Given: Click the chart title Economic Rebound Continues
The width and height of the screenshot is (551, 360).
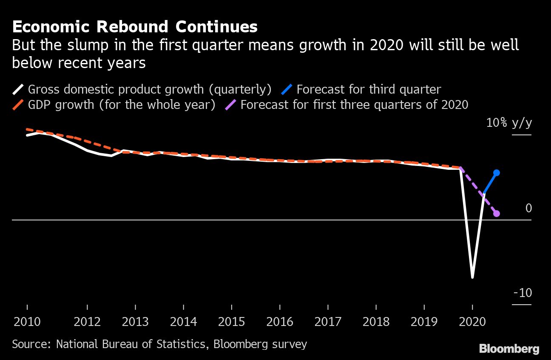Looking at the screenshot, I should click(x=134, y=27).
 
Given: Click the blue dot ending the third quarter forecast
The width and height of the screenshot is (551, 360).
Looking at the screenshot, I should click(x=496, y=173).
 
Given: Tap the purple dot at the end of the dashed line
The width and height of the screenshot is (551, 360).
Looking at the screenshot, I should click(x=496, y=214).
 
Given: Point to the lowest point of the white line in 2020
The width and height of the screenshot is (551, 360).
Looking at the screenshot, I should click(x=472, y=277).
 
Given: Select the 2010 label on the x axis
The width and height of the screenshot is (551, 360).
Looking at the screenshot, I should click(x=27, y=321).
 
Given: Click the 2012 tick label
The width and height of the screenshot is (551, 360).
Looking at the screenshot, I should click(x=87, y=321).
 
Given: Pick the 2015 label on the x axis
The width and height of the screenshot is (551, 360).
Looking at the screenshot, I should click(x=231, y=321).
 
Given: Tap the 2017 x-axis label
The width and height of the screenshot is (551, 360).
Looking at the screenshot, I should click(x=328, y=321).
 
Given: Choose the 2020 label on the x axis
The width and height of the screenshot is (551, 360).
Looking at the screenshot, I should click(x=472, y=321).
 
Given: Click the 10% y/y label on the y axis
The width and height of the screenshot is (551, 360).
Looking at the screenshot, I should click(x=509, y=123).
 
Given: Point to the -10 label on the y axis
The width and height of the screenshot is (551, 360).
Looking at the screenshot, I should click(x=523, y=293).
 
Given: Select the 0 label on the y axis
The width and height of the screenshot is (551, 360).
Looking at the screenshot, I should click(x=528, y=208).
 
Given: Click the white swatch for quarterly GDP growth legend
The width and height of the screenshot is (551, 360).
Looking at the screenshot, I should click(x=18, y=90).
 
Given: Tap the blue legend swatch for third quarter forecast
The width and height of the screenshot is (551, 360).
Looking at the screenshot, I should click(x=287, y=90).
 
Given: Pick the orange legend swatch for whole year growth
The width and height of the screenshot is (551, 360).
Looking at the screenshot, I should click(x=18, y=105).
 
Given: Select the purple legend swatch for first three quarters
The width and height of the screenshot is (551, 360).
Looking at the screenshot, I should click(x=230, y=105).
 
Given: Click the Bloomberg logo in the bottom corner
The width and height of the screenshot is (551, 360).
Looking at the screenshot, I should click(x=509, y=349).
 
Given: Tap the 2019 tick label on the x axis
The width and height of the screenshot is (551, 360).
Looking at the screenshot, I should click(x=424, y=321).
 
